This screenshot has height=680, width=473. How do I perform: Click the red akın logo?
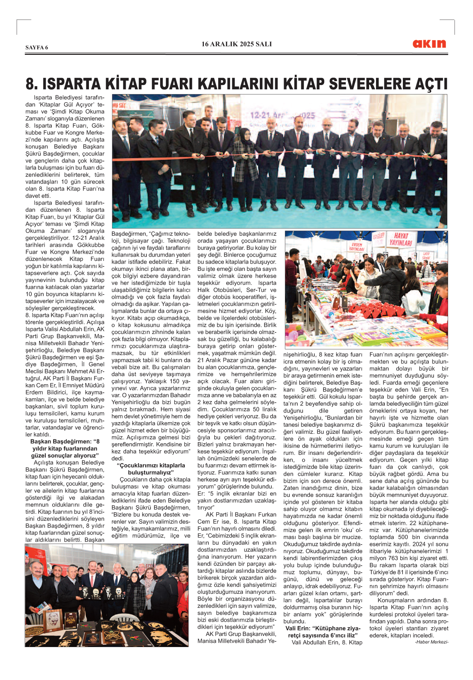[429, 44]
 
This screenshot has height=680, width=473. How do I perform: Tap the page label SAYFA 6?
[37, 48]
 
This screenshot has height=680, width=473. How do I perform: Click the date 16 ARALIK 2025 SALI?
[236, 44]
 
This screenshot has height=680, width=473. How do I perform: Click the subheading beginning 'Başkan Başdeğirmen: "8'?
[65, 449]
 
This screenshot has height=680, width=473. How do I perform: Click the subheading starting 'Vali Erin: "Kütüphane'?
[323, 632]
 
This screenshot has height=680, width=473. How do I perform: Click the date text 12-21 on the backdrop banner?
[261, 115]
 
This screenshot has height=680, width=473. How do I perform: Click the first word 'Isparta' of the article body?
[43, 98]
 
